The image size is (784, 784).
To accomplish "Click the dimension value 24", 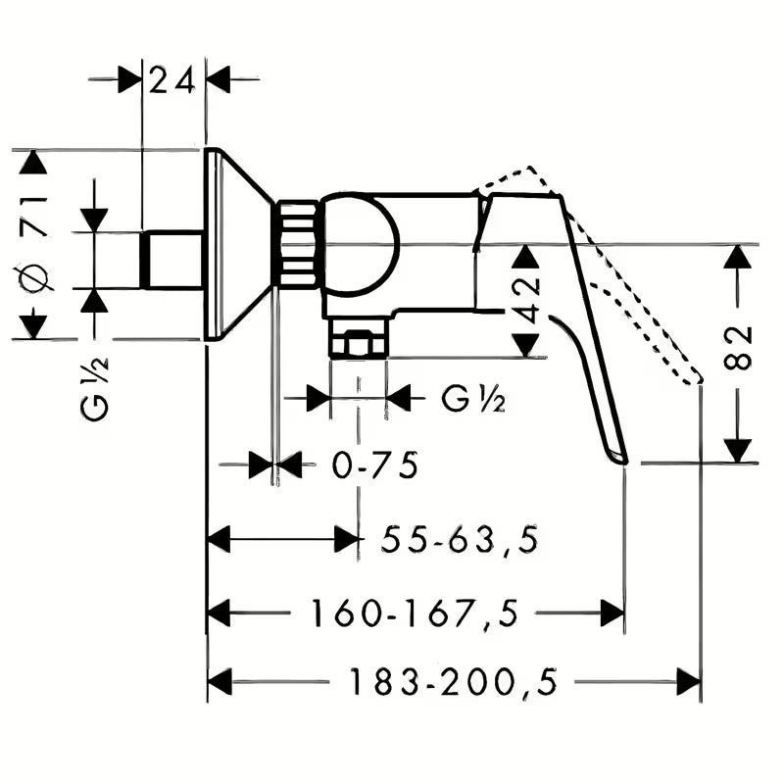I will point(173,80).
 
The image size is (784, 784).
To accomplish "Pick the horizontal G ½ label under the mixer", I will point(473,398).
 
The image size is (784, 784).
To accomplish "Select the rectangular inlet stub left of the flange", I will point(172,261).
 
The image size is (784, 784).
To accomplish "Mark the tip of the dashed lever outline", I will point(698,377).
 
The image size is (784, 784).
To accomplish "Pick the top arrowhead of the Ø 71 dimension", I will point(34,162).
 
